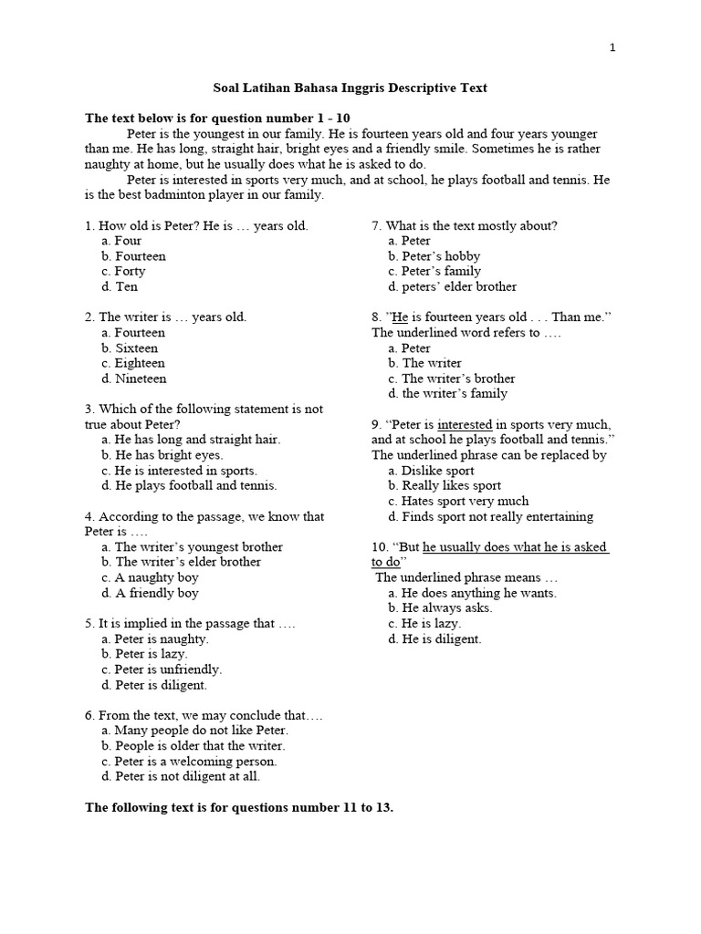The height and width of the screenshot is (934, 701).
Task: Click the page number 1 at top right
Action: click(x=613, y=48)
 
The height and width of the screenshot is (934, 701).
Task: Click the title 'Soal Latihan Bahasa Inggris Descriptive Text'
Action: click(x=350, y=88)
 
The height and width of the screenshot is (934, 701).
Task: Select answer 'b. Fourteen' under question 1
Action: click(x=133, y=256)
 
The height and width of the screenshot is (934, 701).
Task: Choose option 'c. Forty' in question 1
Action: click(x=123, y=271)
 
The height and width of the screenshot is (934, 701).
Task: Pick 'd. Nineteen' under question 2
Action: click(x=134, y=379)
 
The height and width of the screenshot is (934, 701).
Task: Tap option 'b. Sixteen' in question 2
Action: click(x=130, y=348)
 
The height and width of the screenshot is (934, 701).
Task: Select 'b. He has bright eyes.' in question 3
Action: click(x=162, y=454)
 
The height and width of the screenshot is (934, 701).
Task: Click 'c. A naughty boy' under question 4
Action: click(x=150, y=577)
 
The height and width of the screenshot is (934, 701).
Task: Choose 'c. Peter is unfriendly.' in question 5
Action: click(x=162, y=669)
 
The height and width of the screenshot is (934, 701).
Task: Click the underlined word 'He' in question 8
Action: click(x=399, y=317)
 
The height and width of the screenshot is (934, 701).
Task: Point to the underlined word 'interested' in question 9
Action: click(x=465, y=424)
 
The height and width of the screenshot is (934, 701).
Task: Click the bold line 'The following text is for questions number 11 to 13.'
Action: click(x=239, y=807)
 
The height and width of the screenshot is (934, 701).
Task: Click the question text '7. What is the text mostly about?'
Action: click(x=464, y=225)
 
